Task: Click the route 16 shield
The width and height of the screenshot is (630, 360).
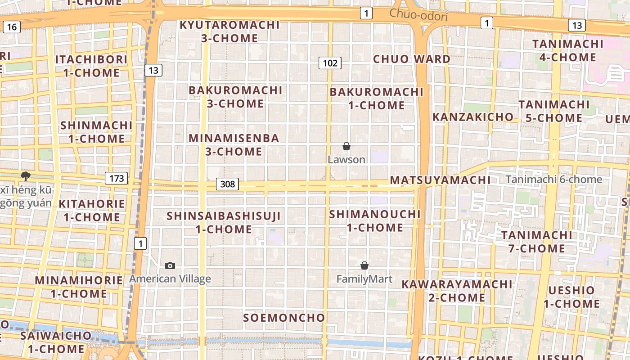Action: tap(12, 27)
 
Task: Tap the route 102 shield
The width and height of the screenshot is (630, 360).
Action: tap(330, 63)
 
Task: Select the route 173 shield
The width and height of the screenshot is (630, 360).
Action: tap(117, 178)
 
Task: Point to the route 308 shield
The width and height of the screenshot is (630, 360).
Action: tap(228, 184)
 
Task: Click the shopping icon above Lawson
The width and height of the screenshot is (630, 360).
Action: tap(346, 146)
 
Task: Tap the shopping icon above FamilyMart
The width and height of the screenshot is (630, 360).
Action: tap(364, 265)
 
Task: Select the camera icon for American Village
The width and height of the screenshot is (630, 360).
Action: tap(170, 265)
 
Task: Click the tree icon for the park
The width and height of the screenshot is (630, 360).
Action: tap(26, 176)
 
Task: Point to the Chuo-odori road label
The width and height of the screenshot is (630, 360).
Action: tap(418, 15)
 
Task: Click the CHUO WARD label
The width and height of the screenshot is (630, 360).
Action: tap(412, 59)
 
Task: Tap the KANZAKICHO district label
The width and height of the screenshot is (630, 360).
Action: tap(473, 117)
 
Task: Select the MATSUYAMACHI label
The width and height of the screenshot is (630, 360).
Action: tap(440, 180)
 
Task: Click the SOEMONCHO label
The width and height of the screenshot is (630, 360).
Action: tap(284, 318)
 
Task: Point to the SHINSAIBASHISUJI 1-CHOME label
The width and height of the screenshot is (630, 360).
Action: tap(224, 222)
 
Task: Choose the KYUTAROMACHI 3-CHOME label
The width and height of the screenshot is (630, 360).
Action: tap(229, 31)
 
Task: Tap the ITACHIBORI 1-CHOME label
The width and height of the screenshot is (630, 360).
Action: tap(91, 66)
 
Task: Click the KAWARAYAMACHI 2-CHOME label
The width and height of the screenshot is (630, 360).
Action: tap(457, 291)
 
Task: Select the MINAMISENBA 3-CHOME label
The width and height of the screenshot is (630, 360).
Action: tap(234, 144)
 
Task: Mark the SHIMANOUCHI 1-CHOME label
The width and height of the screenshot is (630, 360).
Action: tap(375, 220)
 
